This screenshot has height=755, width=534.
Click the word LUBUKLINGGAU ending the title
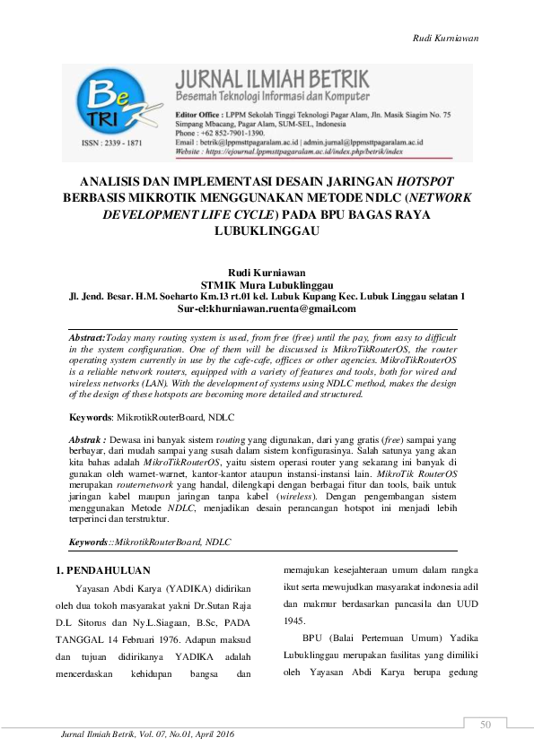click(267, 230)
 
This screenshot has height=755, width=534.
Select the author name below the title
click(266, 273)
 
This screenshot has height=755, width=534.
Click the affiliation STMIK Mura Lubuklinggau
click(267, 283)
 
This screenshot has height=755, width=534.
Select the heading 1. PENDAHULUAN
click(109, 569)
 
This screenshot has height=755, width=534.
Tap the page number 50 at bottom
click(486, 725)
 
